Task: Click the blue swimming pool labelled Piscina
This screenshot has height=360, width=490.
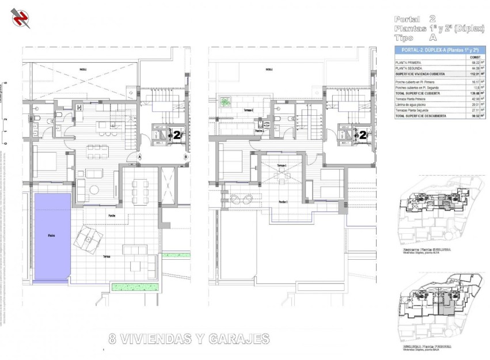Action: pyautogui.click(x=52, y=236)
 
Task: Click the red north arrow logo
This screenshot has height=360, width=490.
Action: pyautogui.click(x=22, y=18)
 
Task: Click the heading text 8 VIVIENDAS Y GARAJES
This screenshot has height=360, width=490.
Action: pyautogui.click(x=189, y=339)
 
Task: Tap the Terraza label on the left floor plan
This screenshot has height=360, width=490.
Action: pyautogui.click(x=107, y=256)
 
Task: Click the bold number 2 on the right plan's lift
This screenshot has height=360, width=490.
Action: pyautogui.click(x=363, y=135)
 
